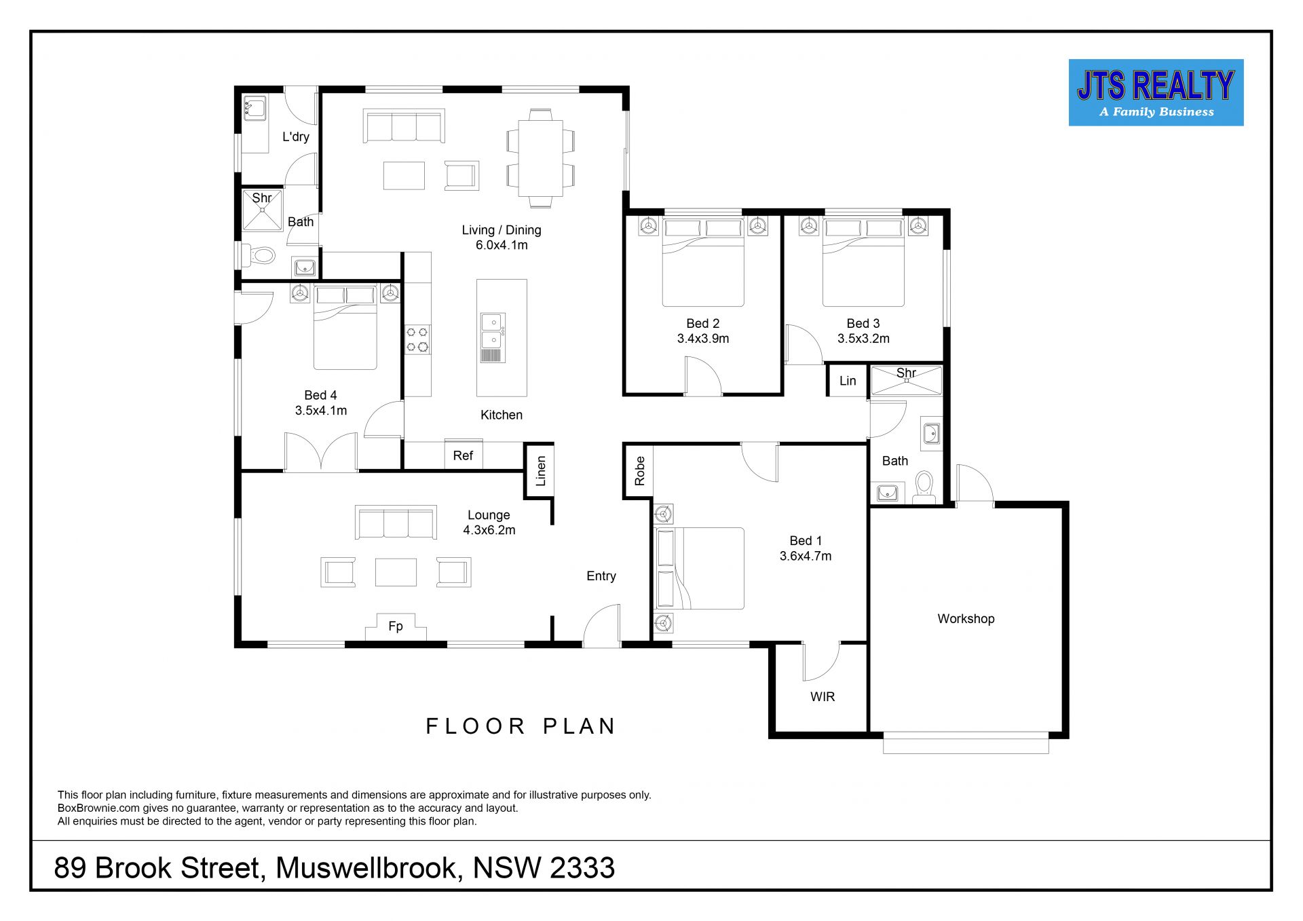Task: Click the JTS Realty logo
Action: click(1156, 92)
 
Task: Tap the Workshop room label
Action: click(966, 619)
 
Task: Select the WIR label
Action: click(823, 697)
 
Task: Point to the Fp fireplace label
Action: click(396, 626)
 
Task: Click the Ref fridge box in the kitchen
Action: click(464, 455)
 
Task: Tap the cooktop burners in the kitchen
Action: click(417, 339)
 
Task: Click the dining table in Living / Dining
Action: click(541, 158)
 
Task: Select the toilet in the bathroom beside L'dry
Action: click(259, 255)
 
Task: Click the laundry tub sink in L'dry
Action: click(254, 109)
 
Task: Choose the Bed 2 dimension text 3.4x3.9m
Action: click(703, 339)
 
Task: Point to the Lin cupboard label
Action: click(848, 381)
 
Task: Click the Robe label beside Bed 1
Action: click(639, 471)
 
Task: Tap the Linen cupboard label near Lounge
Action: click(541, 471)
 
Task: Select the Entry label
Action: click(601, 576)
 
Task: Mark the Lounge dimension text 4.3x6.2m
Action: click(489, 531)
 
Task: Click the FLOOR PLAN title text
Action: click(521, 726)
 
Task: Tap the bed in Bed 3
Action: click(863, 261)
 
